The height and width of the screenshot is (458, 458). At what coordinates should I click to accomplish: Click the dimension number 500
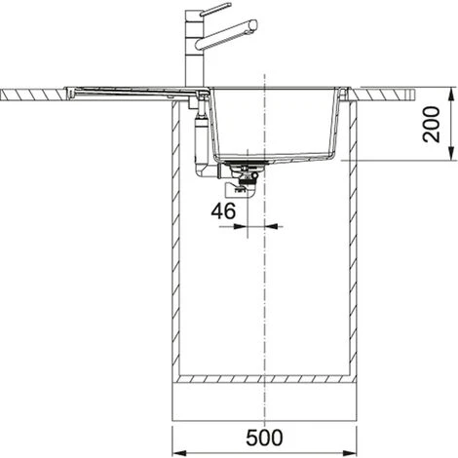(x=264, y=438)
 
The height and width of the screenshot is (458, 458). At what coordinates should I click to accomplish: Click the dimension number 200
(x=432, y=124)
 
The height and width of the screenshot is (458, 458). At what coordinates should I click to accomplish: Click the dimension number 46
(x=223, y=211)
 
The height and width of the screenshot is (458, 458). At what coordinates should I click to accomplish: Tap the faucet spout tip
(x=253, y=25)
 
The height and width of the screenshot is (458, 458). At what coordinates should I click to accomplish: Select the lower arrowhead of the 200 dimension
(x=451, y=153)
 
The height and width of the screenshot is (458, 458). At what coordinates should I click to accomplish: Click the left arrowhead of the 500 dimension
(x=179, y=453)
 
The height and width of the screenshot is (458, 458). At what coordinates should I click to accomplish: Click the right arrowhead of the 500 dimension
(x=349, y=453)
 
